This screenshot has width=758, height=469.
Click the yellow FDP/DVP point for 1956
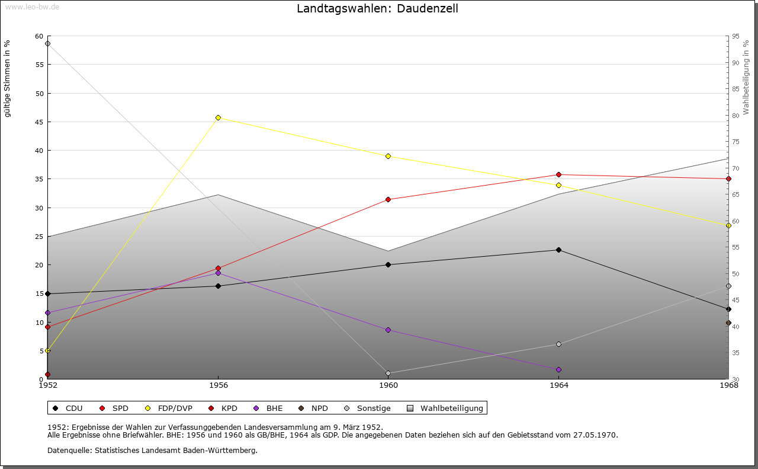click(x=218, y=118)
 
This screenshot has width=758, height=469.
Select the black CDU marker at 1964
click(x=558, y=250)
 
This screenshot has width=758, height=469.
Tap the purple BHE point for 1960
click(x=388, y=330)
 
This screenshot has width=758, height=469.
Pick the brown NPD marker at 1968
click(x=728, y=323)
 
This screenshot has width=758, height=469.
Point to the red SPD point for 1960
click(x=388, y=200)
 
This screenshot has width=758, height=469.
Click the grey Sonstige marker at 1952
click(x=48, y=44)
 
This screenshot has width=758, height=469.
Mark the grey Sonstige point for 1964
click(x=558, y=344)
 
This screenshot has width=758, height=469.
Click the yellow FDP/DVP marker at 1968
click(x=728, y=226)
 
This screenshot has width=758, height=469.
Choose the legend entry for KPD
click(x=223, y=409)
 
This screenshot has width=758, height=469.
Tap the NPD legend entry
click(x=313, y=409)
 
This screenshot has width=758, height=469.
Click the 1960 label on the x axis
click(x=388, y=385)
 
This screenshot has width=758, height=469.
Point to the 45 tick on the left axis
click(x=39, y=122)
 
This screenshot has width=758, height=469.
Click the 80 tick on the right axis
click(x=735, y=116)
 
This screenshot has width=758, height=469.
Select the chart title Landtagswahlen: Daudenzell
click(x=377, y=8)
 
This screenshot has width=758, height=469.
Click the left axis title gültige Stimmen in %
click(x=7, y=79)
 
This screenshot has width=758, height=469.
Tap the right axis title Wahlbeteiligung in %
click(x=746, y=78)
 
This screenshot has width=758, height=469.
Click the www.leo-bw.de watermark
click(x=32, y=7)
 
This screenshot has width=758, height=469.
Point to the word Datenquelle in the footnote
click(x=70, y=451)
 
